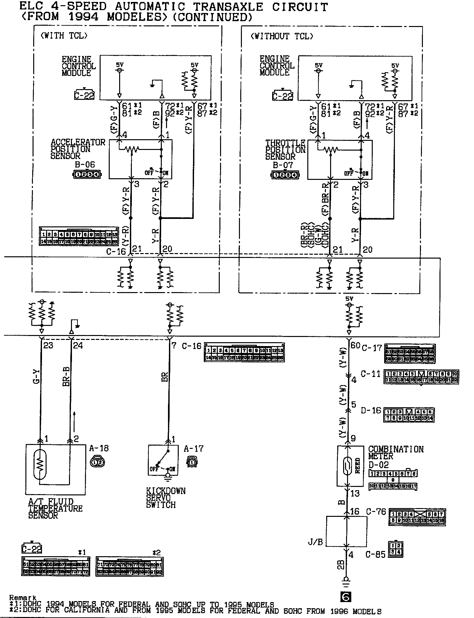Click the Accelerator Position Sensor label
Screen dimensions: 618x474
click(x=78, y=149)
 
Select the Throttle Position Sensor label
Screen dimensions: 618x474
click(x=285, y=150)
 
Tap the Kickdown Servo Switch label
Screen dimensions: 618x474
click(x=165, y=498)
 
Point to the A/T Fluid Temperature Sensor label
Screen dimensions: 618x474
click(x=55, y=508)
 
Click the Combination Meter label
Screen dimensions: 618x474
click(x=396, y=452)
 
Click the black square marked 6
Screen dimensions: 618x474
click(x=346, y=596)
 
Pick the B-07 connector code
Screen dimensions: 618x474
click(x=283, y=165)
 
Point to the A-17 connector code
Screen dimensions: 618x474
click(x=193, y=449)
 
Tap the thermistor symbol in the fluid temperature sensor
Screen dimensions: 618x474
click(x=40, y=464)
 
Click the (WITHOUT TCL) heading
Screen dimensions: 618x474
click(x=282, y=36)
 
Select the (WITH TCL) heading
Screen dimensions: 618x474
click(x=64, y=35)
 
